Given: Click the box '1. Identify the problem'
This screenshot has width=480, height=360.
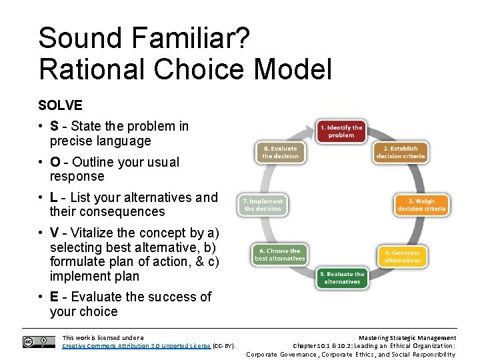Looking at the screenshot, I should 341,131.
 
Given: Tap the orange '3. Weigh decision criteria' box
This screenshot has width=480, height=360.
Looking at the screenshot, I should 421,205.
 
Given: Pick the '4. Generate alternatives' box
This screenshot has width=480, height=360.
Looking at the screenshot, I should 402,256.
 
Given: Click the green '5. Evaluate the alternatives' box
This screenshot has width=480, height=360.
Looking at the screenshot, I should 342,277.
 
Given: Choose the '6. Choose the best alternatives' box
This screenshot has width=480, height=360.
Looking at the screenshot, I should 279,255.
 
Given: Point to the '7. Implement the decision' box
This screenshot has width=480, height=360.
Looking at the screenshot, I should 263,205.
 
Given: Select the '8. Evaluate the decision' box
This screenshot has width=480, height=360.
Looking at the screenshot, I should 280,152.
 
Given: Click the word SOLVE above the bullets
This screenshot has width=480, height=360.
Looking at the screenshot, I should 60,105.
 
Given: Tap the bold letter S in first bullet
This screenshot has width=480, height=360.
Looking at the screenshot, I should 54,126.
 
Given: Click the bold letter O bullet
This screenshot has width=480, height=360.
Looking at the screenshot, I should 55,162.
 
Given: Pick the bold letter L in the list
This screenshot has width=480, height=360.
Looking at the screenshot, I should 53,197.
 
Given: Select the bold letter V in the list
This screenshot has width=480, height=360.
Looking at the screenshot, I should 54,233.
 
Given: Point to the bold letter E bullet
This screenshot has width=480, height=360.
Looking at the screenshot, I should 54,297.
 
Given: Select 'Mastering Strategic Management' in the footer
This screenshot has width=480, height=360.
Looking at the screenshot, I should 407,338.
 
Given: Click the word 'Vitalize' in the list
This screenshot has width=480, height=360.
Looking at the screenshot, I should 93,233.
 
